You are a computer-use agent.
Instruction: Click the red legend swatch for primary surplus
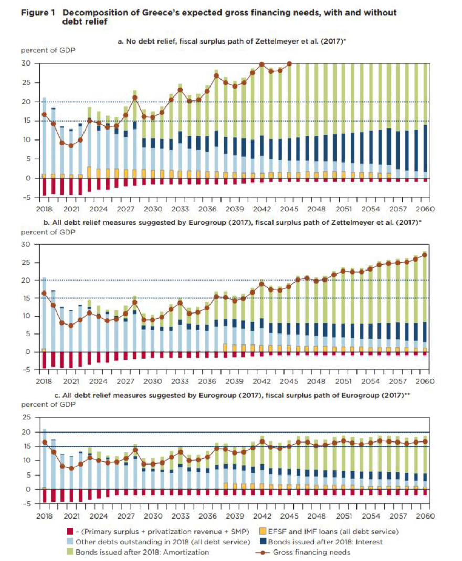click(70, 531)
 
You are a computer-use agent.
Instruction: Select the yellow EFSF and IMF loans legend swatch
click(262, 531)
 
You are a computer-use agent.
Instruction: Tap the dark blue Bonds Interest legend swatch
click(262, 542)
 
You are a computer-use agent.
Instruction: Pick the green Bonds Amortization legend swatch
click(70, 552)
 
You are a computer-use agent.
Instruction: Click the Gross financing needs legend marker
click(262, 552)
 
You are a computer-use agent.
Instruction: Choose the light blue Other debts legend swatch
click(70, 542)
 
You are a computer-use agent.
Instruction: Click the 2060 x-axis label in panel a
click(425, 209)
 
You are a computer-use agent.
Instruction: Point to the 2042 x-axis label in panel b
click(261, 381)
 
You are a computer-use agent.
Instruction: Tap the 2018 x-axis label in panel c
click(45, 516)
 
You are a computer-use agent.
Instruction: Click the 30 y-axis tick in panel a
click(26, 63)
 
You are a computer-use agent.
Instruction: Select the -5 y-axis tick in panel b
click(26, 370)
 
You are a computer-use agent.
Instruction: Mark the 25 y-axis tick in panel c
click(26, 417)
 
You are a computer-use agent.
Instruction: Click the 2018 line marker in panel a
click(44, 114)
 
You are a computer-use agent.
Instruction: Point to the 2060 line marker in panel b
click(425, 255)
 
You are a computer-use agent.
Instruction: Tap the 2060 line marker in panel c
click(425, 441)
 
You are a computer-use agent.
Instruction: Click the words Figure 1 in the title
click(38, 13)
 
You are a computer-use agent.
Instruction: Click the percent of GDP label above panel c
click(48, 404)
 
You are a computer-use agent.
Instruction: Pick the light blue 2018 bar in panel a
click(44, 136)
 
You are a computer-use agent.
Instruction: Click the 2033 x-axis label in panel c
click(181, 516)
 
